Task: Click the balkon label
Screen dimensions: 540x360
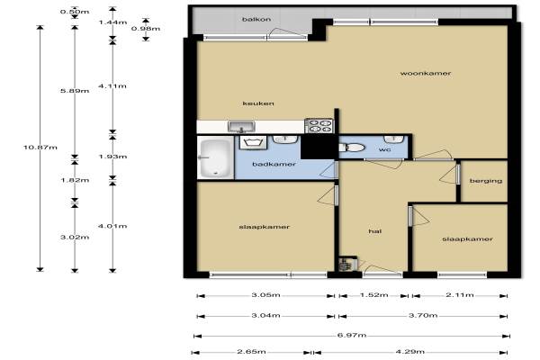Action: click(x=256, y=19)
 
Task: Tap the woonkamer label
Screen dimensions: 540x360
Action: click(x=426, y=73)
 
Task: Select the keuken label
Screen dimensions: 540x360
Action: click(x=258, y=103)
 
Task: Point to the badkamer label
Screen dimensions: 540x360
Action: click(x=274, y=164)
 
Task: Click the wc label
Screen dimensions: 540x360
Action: click(x=384, y=149)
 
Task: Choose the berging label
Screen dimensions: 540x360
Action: click(x=486, y=181)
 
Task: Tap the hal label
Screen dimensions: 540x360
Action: click(x=374, y=231)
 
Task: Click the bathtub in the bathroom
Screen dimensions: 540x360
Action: click(x=216, y=157)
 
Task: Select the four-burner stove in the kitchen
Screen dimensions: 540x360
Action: click(x=319, y=125)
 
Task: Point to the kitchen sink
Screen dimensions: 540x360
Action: click(x=241, y=126)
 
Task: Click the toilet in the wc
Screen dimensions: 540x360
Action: click(x=352, y=148)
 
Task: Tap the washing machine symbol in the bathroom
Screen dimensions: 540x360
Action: click(x=253, y=142)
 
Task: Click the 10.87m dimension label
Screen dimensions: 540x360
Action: click(x=40, y=148)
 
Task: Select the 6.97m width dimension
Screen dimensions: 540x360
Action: click(x=352, y=335)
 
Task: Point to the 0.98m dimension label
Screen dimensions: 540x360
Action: click(x=146, y=28)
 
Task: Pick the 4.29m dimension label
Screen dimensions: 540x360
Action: click(x=409, y=352)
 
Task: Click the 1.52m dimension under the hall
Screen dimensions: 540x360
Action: click(x=374, y=295)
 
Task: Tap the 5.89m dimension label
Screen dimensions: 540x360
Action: click(x=75, y=91)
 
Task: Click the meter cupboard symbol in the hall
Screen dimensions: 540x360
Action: click(x=347, y=264)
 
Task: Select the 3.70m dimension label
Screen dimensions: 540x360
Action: click(x=423, y=315)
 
